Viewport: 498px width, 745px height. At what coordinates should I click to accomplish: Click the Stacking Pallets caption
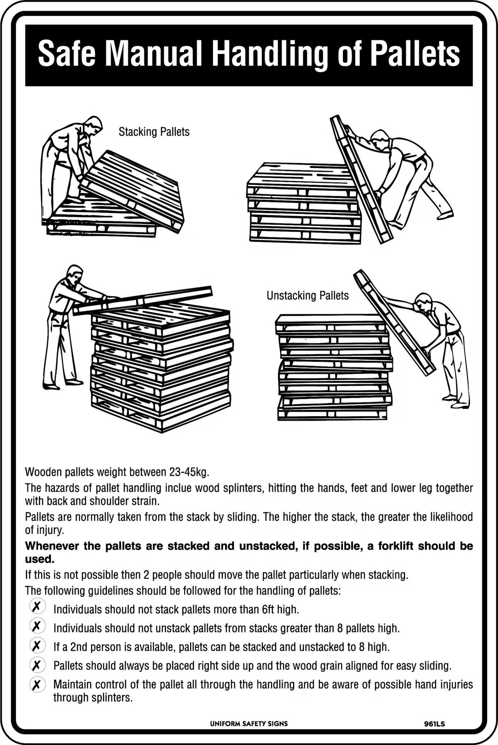click(x=154, y=132)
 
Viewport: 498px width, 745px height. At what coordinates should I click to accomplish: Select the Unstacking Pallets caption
click(x=307, y=296)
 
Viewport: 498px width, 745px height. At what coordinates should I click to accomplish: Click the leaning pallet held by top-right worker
click(x=361, y=180)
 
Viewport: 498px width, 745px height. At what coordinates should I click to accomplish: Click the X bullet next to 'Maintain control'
click(x=37, y=684)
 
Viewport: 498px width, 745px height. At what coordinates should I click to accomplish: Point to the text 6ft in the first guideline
click(x=268, y=610)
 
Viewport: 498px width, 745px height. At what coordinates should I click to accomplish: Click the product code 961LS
click(x=435, y=724)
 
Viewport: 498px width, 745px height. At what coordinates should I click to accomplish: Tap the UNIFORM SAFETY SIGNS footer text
click(x=249, y=724)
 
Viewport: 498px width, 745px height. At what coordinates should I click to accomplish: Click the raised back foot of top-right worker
click(x=445, y=214)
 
